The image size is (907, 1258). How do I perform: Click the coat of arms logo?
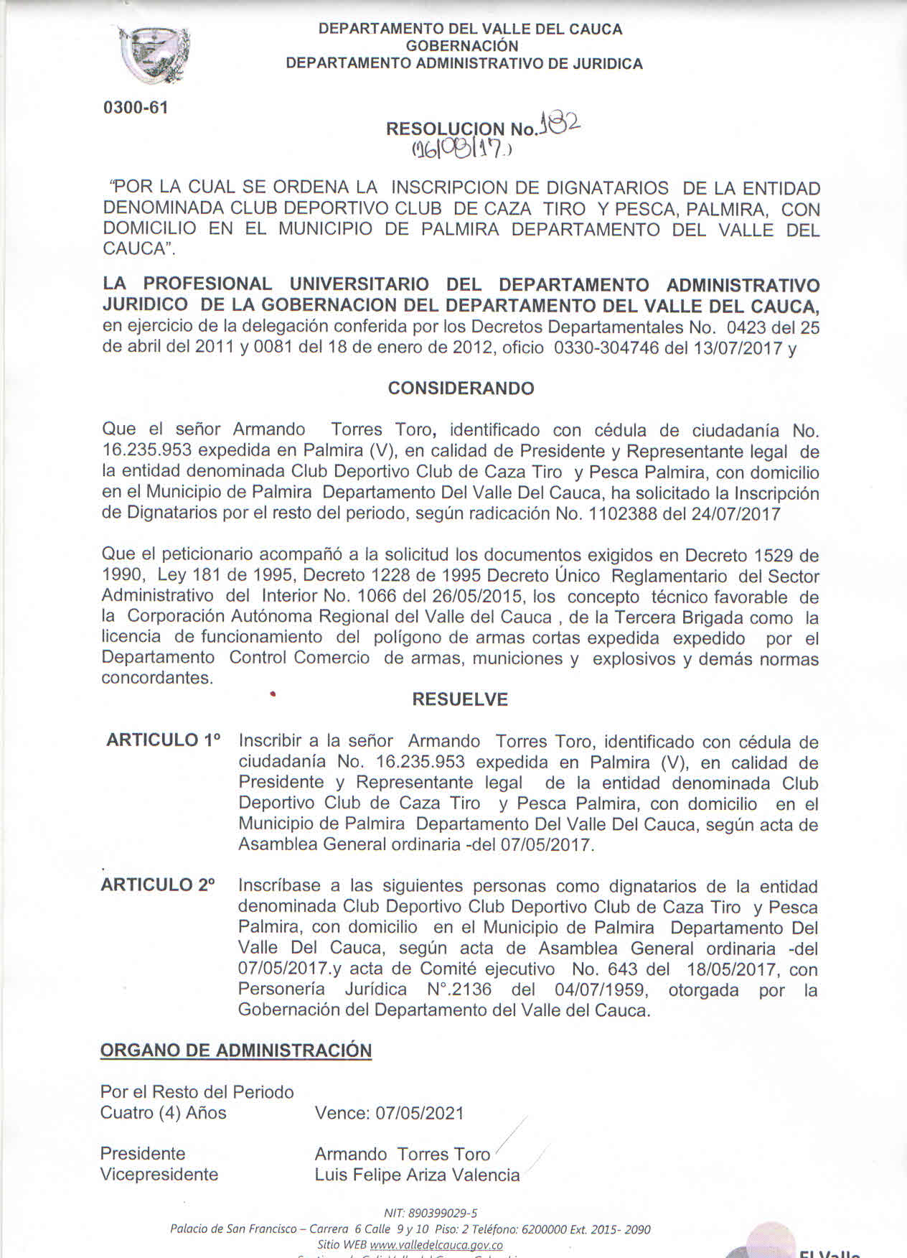pos(154,54)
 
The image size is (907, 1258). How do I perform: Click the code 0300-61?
pos(136,108)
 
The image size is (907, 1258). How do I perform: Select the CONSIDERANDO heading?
pos(461,388)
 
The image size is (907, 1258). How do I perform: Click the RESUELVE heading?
pos(460,699)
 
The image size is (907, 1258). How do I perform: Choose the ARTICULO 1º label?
pos(163,740)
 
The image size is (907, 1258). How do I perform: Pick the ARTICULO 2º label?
pos(158,885)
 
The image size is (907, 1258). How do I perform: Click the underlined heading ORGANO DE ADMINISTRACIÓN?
pos(236,1050)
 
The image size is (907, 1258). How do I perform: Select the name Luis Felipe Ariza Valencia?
pos(417,1175)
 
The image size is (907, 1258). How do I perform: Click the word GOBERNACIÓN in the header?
pos(462,46)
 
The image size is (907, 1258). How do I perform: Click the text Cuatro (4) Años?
pos(164,1113)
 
